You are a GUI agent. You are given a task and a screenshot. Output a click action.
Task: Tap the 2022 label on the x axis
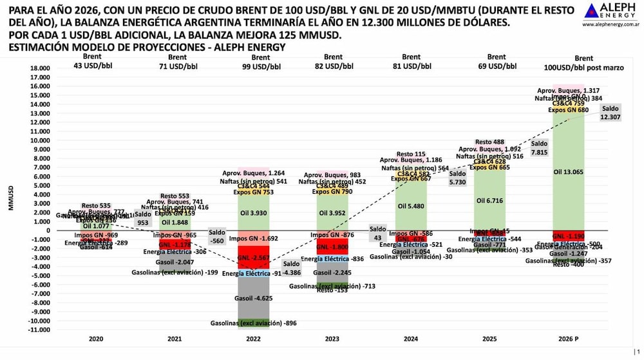[261, 338]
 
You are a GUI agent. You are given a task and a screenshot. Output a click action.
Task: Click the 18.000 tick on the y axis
[41, 68]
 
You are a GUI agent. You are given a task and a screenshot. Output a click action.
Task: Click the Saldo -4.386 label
[291, 268]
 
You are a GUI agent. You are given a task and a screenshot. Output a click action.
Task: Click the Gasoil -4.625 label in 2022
[261, 298]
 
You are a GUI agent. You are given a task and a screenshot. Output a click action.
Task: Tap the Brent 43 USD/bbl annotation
[95, 61]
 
